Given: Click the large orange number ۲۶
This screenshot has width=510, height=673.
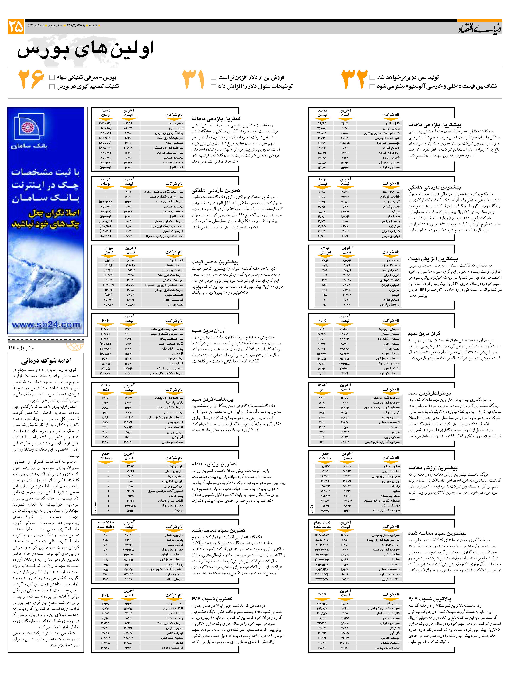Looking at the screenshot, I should [x=31, y=79].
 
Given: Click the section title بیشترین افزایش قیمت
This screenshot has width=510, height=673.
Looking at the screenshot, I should [x=433, y=259].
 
